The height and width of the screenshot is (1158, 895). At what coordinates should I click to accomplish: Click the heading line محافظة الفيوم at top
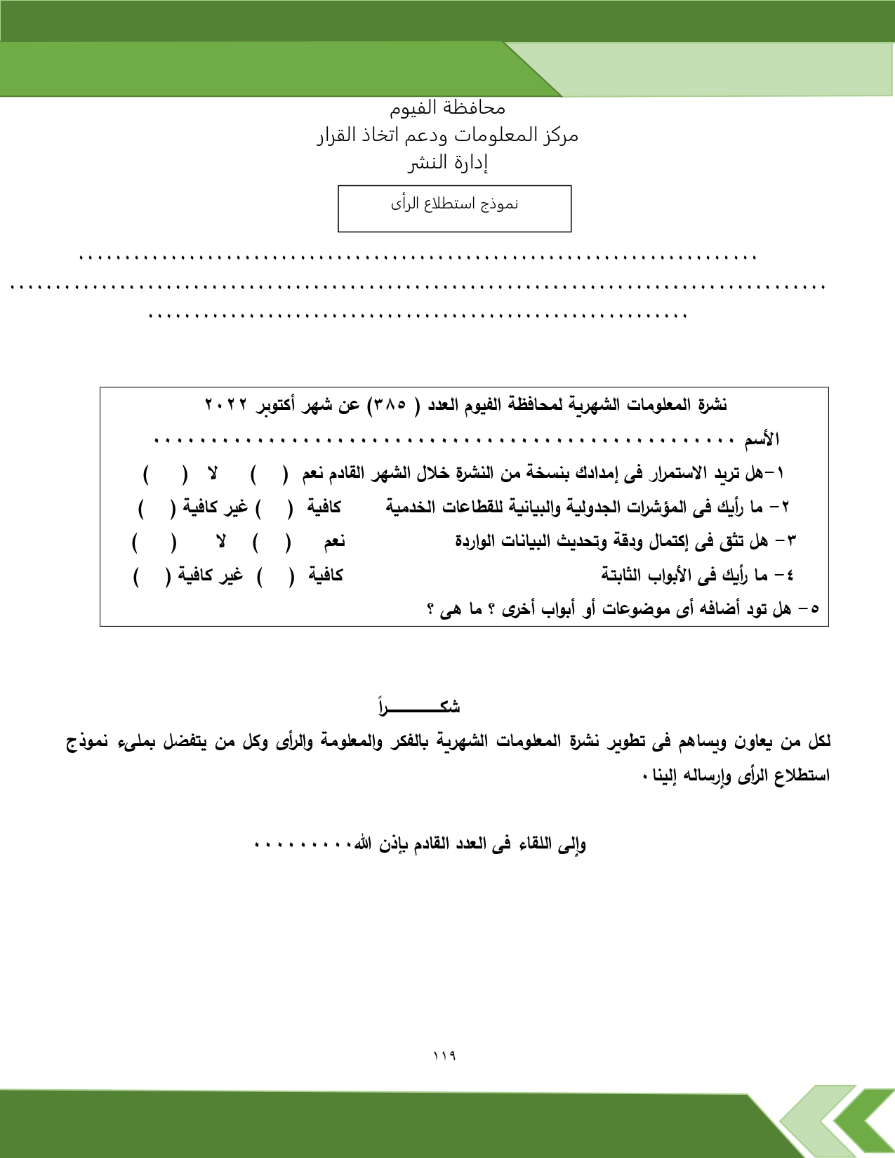[447, 107]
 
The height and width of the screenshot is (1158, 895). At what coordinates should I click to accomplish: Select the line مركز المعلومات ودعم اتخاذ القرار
[447, 135]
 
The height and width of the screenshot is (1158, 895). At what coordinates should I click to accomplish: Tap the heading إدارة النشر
[448, 163]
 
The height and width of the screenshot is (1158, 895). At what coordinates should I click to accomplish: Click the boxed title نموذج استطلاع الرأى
[454, 204]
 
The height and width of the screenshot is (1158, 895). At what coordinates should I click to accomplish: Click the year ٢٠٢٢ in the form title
[226, 405]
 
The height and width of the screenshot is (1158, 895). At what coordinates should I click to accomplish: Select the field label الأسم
[762, 440]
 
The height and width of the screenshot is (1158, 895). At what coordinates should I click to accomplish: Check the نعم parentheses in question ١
[270, 474]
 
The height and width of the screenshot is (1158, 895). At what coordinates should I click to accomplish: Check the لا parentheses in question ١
[166, 474]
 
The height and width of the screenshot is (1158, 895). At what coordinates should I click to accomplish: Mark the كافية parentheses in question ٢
[274, 508]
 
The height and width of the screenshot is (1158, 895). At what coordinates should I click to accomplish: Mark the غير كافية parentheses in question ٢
[156, 508]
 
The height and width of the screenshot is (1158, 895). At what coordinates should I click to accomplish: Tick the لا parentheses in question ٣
[154, 542]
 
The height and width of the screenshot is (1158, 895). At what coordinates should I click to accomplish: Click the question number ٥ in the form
[814, 609]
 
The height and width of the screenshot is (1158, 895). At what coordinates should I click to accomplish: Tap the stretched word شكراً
[419, 706]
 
